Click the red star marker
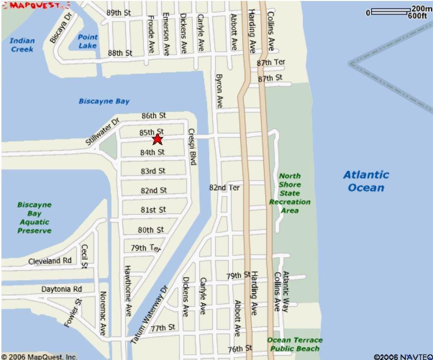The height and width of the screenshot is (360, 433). tap(157, 139)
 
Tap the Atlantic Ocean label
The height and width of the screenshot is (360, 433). tap(366, 181)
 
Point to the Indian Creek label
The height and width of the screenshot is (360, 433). tap(22, 45)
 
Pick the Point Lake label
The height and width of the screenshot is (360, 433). tap(88, 41)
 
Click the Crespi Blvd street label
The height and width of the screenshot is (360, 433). tap(192, 146)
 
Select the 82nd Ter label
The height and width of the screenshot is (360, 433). tap(224, 187)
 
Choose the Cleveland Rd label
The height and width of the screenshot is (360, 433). tap(50, 261)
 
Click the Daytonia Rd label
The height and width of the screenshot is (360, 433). tap(62, 289)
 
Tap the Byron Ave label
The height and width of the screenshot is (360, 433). tap(220, 91)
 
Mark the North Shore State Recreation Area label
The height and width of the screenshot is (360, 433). tap(290, 193)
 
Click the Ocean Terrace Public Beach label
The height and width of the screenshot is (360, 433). tap(294, 344)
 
